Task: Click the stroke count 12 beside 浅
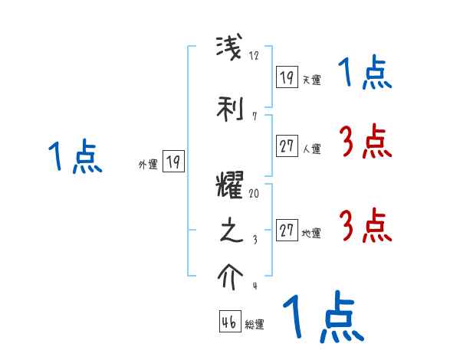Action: pos(255,56)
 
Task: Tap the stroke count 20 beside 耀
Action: pos(254,195)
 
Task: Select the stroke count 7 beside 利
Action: pos(254,116)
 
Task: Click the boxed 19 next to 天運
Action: pos(287,77)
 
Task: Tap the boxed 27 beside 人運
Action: pos(287,147)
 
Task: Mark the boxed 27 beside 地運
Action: pos(287,231)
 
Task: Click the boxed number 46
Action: pos(229,322)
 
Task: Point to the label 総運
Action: pos(255,325)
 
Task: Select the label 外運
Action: pos(148,164)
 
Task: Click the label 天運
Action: pos(311,80)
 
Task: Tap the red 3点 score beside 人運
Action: pos(364,142)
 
